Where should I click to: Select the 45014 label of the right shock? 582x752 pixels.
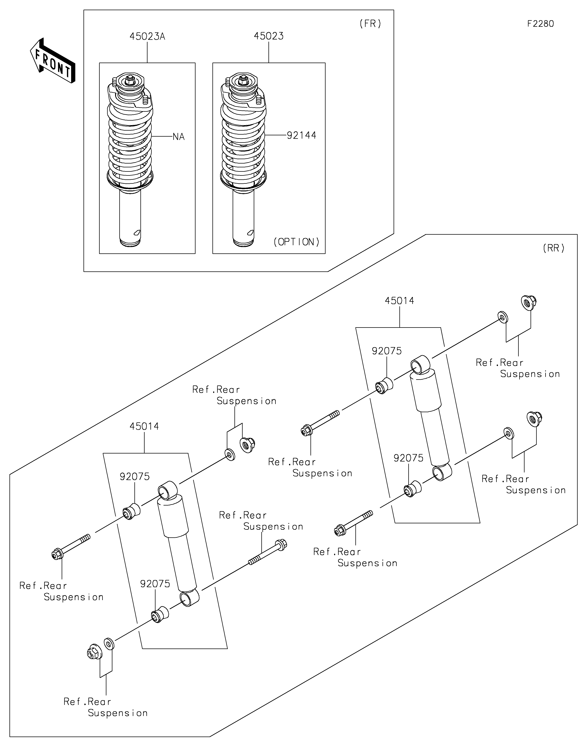(x=399, y=301)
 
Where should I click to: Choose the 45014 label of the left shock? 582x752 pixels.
(x=144, y=426)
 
